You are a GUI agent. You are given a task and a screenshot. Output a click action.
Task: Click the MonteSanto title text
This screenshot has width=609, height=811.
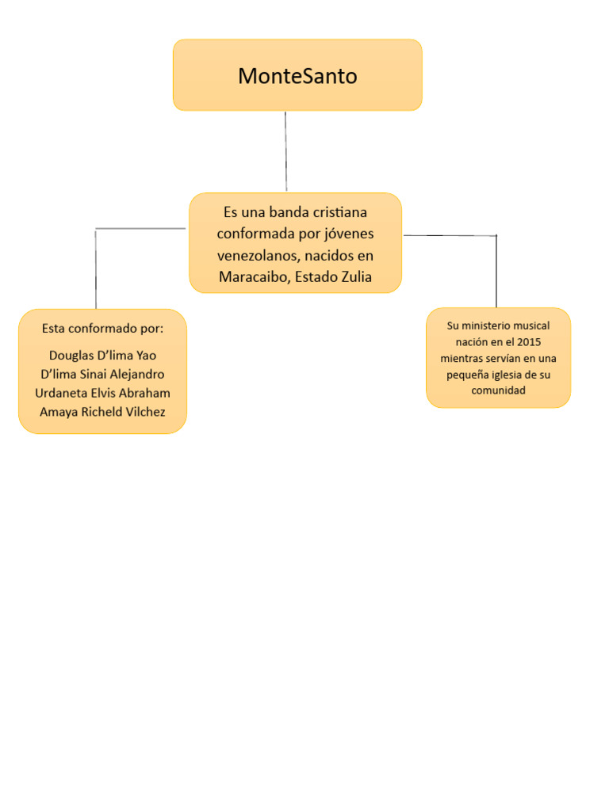[x=297, y=76]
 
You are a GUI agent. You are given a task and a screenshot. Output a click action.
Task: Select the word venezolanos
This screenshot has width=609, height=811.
[x=259, y=256]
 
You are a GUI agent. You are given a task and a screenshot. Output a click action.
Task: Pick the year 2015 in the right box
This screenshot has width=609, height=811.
[x=529, y=342]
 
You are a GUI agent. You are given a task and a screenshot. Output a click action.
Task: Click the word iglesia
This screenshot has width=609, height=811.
[x=506, y=375]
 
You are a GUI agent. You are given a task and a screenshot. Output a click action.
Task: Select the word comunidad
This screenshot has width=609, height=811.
[x=498, y=390]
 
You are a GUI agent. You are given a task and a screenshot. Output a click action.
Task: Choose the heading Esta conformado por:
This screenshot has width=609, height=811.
[x=102, y=328]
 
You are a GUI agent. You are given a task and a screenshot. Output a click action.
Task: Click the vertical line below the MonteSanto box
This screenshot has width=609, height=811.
[x=285, y=150]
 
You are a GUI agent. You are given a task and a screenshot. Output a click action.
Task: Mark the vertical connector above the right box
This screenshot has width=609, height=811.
[x=496, y=271]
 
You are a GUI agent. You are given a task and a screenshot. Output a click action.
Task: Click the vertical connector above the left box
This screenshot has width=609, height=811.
[x=96, y=269]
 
